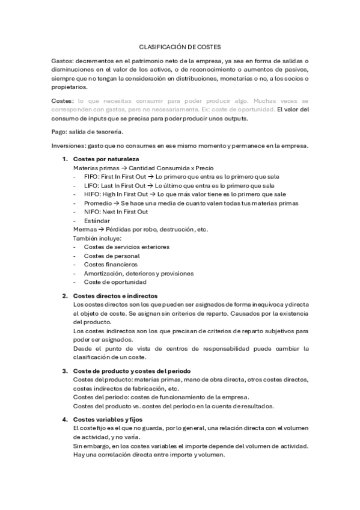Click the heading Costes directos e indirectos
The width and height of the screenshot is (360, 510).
click(115, 296)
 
